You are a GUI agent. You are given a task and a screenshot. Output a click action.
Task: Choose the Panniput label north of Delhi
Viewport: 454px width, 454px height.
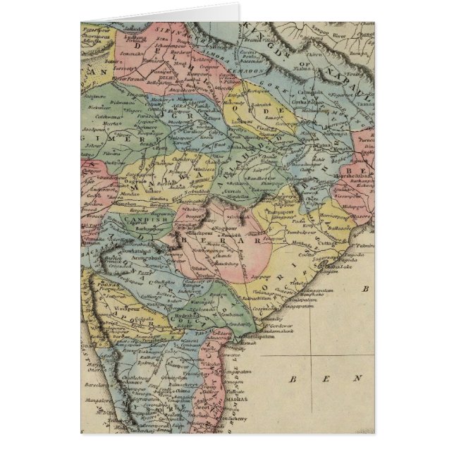(156, 71)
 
